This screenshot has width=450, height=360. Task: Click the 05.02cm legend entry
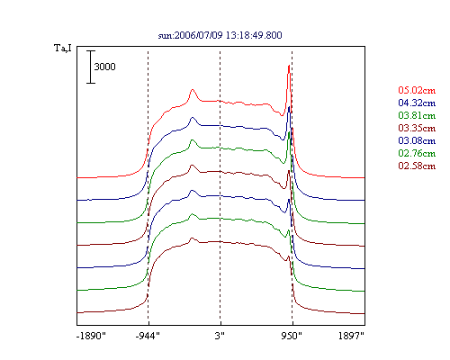[417, 90]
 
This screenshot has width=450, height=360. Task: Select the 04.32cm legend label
[417, 103]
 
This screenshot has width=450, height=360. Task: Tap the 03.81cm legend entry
[417, 115]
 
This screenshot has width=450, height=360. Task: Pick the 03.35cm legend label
[417, 128]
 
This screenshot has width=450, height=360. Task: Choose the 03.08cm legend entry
[417, 140]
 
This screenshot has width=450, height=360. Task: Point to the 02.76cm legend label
[417, 153]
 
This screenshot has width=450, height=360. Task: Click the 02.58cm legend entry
[417, 166]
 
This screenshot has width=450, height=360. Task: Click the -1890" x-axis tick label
[91, 336]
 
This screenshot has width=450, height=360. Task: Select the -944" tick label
[148, 336]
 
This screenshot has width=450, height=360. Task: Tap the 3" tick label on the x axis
[220, 336]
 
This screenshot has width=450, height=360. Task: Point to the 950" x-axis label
[292, 336]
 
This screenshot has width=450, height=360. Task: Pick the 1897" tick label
[351, 336]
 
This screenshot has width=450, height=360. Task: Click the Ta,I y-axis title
[63, 49]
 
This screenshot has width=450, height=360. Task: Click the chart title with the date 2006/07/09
[220, 35]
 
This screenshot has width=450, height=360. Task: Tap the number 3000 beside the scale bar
[104, 67]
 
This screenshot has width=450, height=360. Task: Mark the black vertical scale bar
[91, 67]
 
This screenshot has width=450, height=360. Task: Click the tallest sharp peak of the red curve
[289, 66]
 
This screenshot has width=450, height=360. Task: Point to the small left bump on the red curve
[193, 90]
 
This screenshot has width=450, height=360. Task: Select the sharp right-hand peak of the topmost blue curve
[289, 107]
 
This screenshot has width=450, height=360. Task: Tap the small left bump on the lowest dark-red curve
[192, 238]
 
